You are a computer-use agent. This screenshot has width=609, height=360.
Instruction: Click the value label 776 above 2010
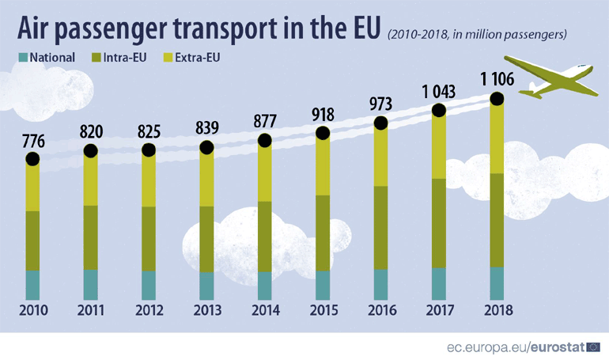click(x=32, y=143)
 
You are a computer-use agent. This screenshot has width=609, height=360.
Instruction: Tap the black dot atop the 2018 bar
click(x=497, y=99)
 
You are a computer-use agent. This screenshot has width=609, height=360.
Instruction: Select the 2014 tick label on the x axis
click(x=265, y=310)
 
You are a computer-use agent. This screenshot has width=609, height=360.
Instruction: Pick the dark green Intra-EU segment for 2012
click(x=149, y=238)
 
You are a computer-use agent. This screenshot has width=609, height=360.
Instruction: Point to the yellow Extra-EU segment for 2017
click(x=439, y=146)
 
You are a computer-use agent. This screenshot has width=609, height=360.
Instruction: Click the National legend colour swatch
click(x=23, y=57)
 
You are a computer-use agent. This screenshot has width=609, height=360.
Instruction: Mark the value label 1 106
click(x=497, y=80)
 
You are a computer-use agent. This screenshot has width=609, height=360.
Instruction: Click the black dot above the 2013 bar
click(x=206, y=148)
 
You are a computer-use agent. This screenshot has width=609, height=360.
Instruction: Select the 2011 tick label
click(x=90, y=310)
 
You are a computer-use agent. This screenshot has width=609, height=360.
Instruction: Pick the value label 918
click(x=323, y=115)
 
